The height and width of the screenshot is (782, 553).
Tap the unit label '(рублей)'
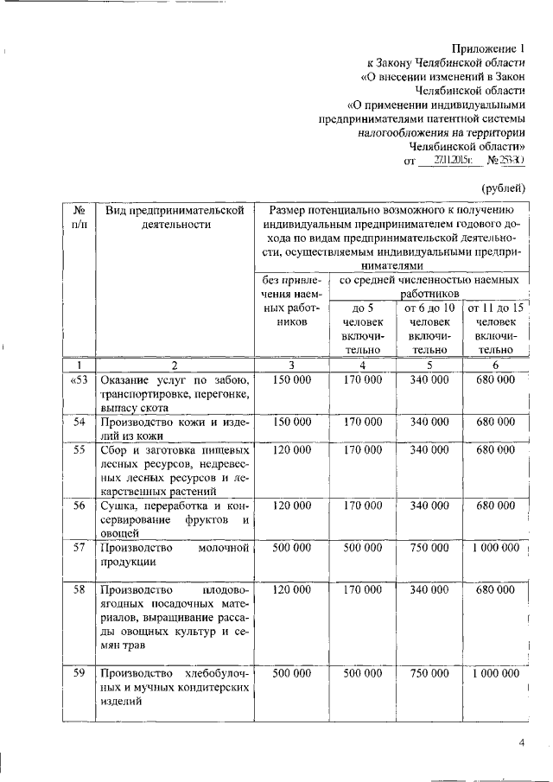(x=503, y=188)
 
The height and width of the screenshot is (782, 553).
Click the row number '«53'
(x=79, y=380)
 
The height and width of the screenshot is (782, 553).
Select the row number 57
(x=79, y=549)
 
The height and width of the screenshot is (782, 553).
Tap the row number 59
(x=79, y=673)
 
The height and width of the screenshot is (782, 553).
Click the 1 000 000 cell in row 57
(x=495, y=549)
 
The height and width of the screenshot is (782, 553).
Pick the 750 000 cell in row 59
(x=429, y=673)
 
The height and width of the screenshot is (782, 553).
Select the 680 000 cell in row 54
(x=495, y=422)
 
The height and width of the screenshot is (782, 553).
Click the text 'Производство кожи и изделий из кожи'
(x=175, y=429)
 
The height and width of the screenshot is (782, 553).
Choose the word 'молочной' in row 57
(x=223, y=549)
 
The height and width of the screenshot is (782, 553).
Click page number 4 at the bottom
(x=521, y=742)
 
